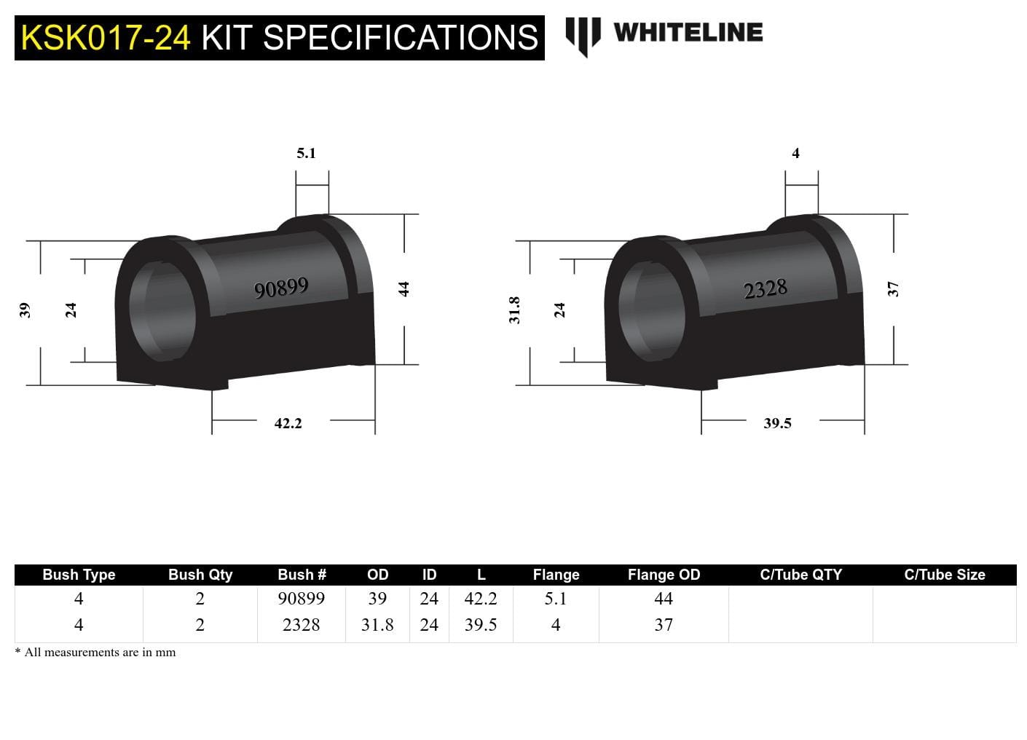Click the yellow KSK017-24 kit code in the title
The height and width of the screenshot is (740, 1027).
tap(106, 38)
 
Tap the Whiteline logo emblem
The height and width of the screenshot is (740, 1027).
tap(583, 36)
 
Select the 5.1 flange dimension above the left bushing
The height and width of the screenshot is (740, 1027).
tap(306, 153)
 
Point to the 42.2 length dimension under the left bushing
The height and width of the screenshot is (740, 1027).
tap(288, 423)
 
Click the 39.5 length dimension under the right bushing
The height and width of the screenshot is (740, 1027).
tap(777, 423)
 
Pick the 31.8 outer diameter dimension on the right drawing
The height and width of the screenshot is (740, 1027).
tap(514, 310)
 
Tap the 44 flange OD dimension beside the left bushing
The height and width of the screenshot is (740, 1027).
tap(404, 288)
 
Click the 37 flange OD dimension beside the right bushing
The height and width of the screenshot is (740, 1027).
tap(893, 288)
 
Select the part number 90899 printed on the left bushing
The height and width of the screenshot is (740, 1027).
tap(281, 288)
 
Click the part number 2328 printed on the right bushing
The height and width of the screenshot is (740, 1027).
tap(765, 289)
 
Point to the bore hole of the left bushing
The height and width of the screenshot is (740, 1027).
tap(163, 312)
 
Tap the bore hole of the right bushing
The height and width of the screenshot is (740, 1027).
tap(652, 312)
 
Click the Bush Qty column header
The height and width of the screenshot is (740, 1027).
tap(200, 575)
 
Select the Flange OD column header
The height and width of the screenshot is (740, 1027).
tap(664, 575)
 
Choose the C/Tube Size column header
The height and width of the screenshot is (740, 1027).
tap(944, 575)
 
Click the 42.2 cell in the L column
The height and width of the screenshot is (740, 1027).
tap(481, 599)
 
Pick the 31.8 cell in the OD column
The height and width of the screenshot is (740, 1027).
tap(377, 625)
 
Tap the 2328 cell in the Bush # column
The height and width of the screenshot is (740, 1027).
tap(301, 625)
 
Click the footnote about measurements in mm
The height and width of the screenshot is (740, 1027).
tap(95, 653)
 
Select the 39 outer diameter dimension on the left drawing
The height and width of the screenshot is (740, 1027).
tap(25, 310)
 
